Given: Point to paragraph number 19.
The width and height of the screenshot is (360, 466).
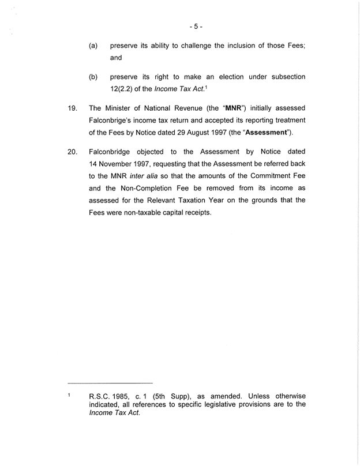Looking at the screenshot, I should click(x=73, y=108).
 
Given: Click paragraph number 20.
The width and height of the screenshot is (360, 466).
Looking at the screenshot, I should click(x=73, y=151).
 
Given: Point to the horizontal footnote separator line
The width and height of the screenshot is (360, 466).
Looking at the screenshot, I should click(x=110, y=383).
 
